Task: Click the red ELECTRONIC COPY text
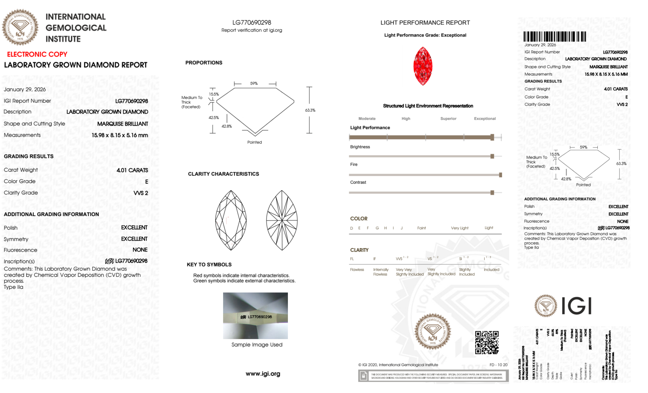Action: click(x=37, y=54)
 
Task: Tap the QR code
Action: click(x=486, y=343)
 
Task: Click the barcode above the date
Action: click(x=554, y=37)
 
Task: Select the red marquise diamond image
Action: click(x=423, y=66)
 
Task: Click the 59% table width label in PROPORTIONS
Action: click(x=254, y=83)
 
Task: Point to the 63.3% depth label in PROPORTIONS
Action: click(x=310, y=110)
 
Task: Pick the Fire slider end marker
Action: click(x=500, y=175)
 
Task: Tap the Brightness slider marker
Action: click(x=492, y=157)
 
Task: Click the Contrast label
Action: click(x=358, y=182)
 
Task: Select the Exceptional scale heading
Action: click(x=484, y=119)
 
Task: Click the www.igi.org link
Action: click(x=263, y=374)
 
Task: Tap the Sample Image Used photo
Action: click(x=255, y=316)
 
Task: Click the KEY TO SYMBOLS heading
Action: click(x=209, y=265)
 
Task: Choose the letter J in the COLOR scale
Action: click(x=402, y=228)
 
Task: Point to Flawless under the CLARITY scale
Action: click(x=357, y=270)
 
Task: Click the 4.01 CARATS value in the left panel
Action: click(x=132, y=170)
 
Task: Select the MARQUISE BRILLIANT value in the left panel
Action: click(x=122, y=124)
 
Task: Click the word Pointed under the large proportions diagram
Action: click(x=254, y=142)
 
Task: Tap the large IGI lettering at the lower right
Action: click(x=576, y=306)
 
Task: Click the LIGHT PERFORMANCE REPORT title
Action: click(x=425, y=23)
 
